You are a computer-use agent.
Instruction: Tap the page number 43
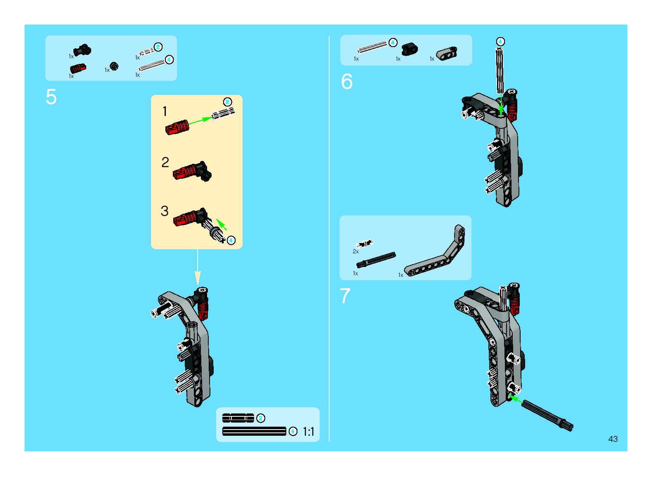pyautogui.click(x=613, y=439)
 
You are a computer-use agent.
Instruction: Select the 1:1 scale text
pyautogui.click(x=308, y=432)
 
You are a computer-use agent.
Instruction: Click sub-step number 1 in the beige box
pyautogui.click(x=165, y=111)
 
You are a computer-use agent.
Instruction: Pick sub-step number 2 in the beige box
pyautogui.click(x=165, y=162)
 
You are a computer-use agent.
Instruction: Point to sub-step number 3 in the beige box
pyautogui.click(x=165, y=211)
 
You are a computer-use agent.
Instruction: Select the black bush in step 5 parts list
pyautogui.click(x=114, y=66)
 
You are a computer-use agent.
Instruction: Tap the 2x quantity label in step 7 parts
pyautogui.click(x=356, y=251)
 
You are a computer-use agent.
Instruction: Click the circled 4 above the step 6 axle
pyautogui.click(x=500, y=42)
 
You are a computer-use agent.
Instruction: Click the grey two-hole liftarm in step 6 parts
pyautogui.click(x=447, y=53)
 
